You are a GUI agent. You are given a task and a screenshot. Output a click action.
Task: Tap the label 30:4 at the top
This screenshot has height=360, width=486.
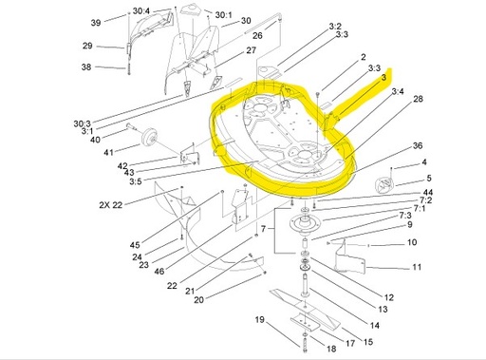click(141, 12)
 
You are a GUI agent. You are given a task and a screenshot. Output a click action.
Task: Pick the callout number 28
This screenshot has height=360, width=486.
click(418, 99)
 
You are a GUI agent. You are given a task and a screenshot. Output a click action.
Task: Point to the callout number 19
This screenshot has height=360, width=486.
click(258, 320)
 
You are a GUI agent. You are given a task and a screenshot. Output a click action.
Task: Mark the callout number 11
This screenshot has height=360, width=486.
click(416, 269)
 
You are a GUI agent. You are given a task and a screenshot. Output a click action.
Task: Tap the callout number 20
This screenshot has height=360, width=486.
click(198, 300)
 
